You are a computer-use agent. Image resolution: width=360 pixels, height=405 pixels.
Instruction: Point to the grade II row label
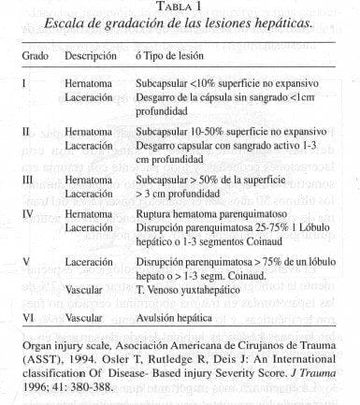click(27, 132)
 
